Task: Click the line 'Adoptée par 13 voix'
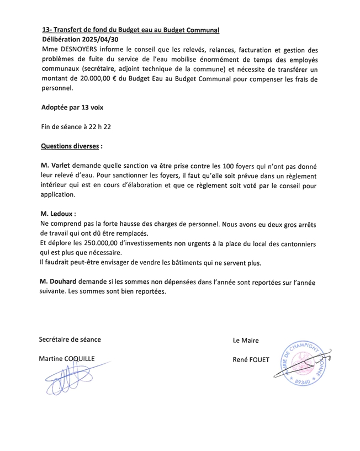72,108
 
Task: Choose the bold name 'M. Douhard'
58,282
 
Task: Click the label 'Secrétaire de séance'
70,339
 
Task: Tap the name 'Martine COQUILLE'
66,359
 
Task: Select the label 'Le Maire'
246,341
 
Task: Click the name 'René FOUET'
251,360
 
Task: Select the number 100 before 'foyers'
220,166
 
